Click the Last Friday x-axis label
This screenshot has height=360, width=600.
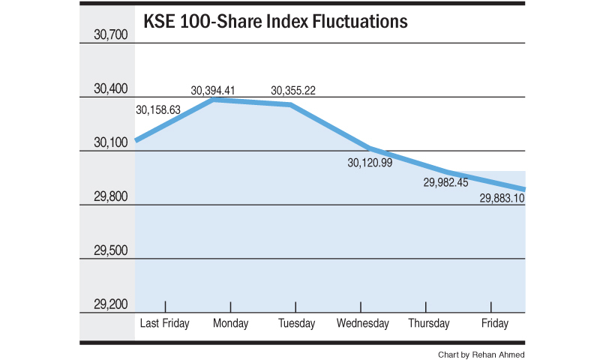(x=165, y=323)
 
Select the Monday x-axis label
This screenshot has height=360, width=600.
(x=230, y=323)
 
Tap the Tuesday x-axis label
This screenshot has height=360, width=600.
(x=295, y=323)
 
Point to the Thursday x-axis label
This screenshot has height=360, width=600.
(x=428, y=323)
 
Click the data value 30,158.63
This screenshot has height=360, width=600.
(x=158, y=109)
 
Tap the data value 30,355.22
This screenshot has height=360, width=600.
(x=292, y=91)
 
